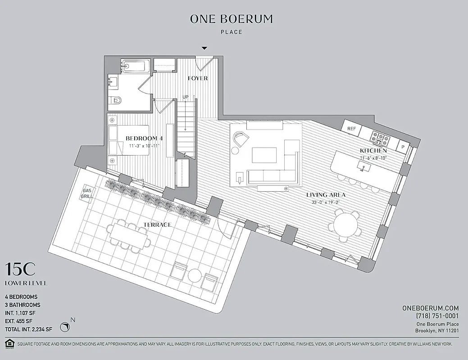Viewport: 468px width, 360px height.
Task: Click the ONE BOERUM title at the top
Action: [x=232, y=19]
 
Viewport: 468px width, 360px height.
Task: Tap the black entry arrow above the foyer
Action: [x=204, y=48]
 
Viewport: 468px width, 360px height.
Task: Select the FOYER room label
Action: [x=198, y=78]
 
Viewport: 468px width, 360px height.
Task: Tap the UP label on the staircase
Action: [x=186, y=97]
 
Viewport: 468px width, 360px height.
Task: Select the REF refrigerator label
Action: [x=352, y=129]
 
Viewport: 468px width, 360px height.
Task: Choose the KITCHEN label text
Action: [x=373, y=150]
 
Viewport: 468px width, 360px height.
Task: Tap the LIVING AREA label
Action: [x=326, y=195]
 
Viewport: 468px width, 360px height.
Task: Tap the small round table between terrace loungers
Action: [x=195, y=275]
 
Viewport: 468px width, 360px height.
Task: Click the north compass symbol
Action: [x=66, y=326]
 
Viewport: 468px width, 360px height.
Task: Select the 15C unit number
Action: [x=20, y=270]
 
